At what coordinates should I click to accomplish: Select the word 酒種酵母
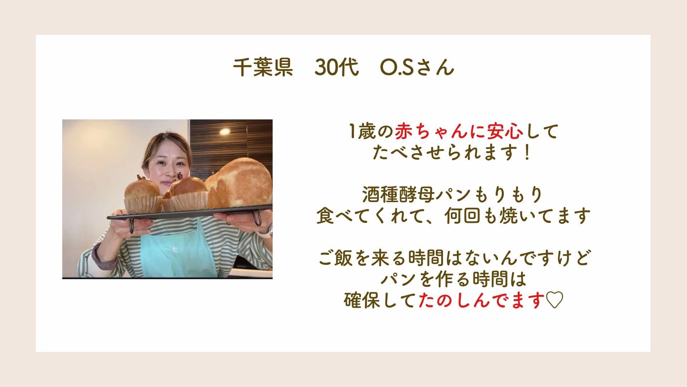click(x=398, y=195)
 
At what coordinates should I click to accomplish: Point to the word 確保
click(x=362, y=300)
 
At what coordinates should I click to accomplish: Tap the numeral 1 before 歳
click(x=352, y=132)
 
